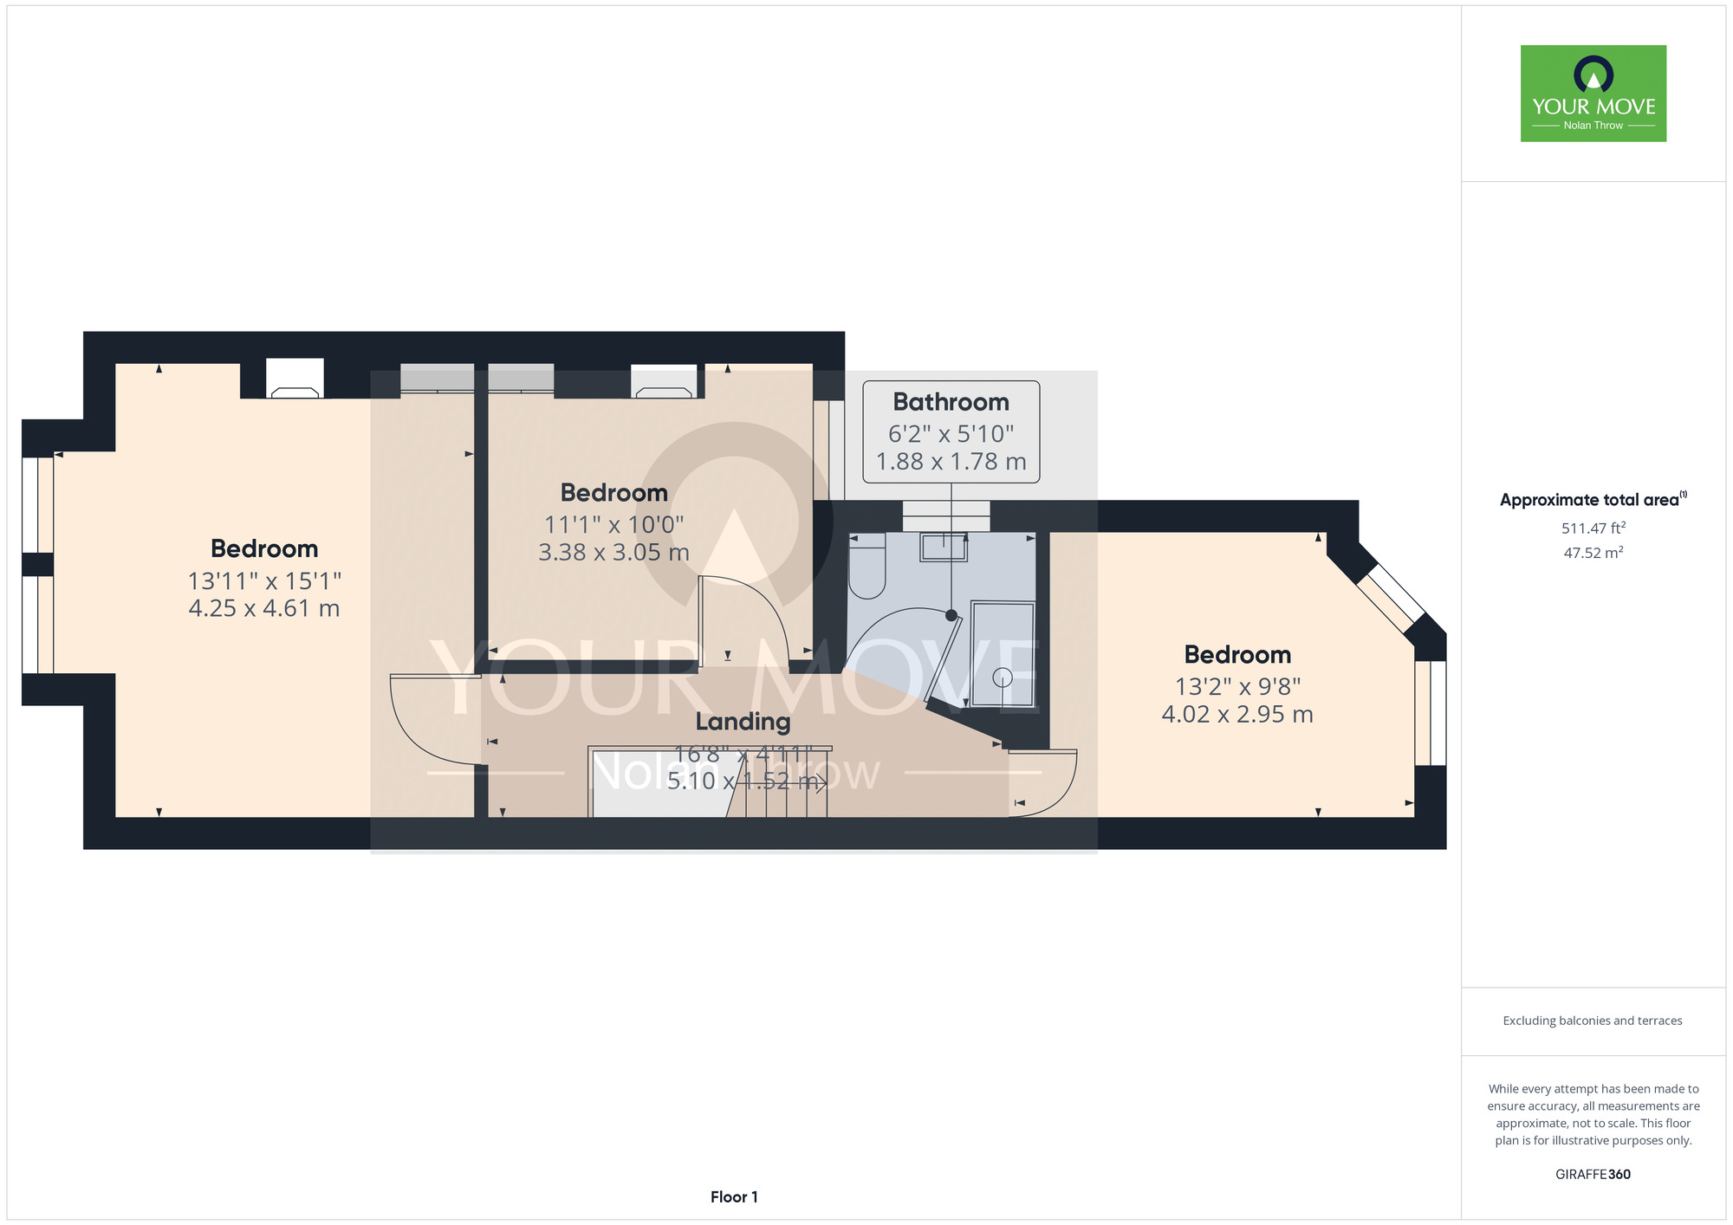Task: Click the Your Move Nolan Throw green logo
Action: [1593, 94]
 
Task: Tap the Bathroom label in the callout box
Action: [951, 402]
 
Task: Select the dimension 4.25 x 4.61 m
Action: [264, 608]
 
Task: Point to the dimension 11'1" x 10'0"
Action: [613, 524]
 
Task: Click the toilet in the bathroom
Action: [866, 567]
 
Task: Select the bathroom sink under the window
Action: [943, 548]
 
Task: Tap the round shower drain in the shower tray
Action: [1002, 677]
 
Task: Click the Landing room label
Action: [743, 721]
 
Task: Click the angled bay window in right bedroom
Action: [1390, 599]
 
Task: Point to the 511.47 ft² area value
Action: [1593, 528]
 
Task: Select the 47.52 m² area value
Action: [1593, 553]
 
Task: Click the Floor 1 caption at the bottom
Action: [734, 1196]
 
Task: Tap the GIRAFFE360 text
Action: [1593, 1174]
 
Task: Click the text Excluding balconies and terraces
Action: [1593, 1021]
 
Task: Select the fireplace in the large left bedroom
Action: [295, 379]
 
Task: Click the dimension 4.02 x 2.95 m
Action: [1237, 714]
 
